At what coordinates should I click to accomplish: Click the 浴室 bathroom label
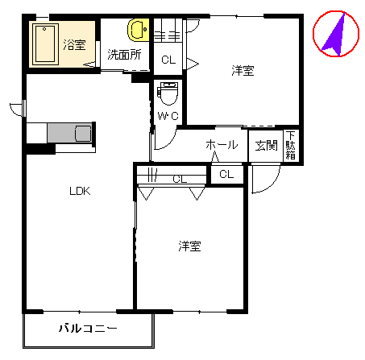click(x=74, y=45)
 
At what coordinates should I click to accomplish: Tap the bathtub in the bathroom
click(x=45, y=44)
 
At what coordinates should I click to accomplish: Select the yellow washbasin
click(x=139, y=30)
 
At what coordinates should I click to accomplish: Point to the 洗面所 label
click(x=124, y=55)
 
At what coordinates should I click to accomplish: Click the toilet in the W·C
click(x=168, y=93)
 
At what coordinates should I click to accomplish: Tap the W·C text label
click(x=168, y=116)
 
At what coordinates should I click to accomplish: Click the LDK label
click(x=80, y=191)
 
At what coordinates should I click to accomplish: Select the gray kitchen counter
click(x=70, y=133)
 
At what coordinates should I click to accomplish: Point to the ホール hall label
click(x=222, y=145)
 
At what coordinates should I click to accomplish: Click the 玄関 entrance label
click(x=266, y=146)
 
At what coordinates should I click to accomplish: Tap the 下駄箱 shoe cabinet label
click(x=291, y=145)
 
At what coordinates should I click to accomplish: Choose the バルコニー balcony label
click(x=88, y=328)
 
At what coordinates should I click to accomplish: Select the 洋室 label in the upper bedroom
click(x=243, y=70)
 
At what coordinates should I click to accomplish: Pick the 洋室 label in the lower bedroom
click(x=189, y=246)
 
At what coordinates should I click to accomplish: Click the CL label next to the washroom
click(x=168, y=60)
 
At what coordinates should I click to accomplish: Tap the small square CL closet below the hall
click(x=226, y=175)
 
